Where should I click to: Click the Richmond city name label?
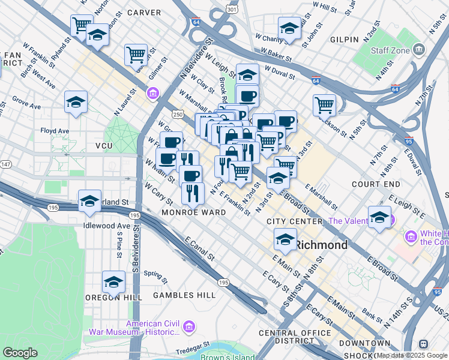tap(322, 245)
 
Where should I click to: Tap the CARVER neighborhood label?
tap(144, 13)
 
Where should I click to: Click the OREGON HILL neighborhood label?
tap(113, 297)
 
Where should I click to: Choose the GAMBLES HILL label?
tap(184, 295)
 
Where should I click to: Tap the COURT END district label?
tap(376, 184)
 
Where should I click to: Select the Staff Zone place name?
tap(390, 50)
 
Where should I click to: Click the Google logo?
tap(20, 353)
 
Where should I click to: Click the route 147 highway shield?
tap(5, 163)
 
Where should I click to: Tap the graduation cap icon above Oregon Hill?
tap(113, 281)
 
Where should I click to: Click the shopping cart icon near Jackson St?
tap(324, 105)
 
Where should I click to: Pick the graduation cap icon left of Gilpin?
tap(289, 28)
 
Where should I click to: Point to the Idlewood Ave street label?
tap(107, 226)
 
